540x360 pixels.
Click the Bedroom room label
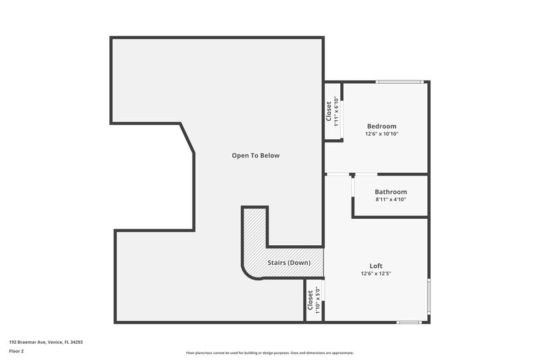pos(381,126)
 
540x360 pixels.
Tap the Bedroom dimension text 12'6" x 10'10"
pos(381,134)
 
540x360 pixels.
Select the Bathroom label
pos(391,192)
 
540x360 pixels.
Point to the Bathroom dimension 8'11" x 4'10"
pos(391,200)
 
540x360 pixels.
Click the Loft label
pos(376,265)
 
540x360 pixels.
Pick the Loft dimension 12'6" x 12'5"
pos(376,274)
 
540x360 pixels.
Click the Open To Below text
pos(255,155)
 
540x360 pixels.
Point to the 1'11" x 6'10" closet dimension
pos(336,111)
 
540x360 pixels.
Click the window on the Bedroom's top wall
pos(400,82)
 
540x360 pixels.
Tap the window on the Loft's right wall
pos(429,297)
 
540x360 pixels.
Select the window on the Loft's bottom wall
pos(409,322)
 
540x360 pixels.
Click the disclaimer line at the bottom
pos(269,353)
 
